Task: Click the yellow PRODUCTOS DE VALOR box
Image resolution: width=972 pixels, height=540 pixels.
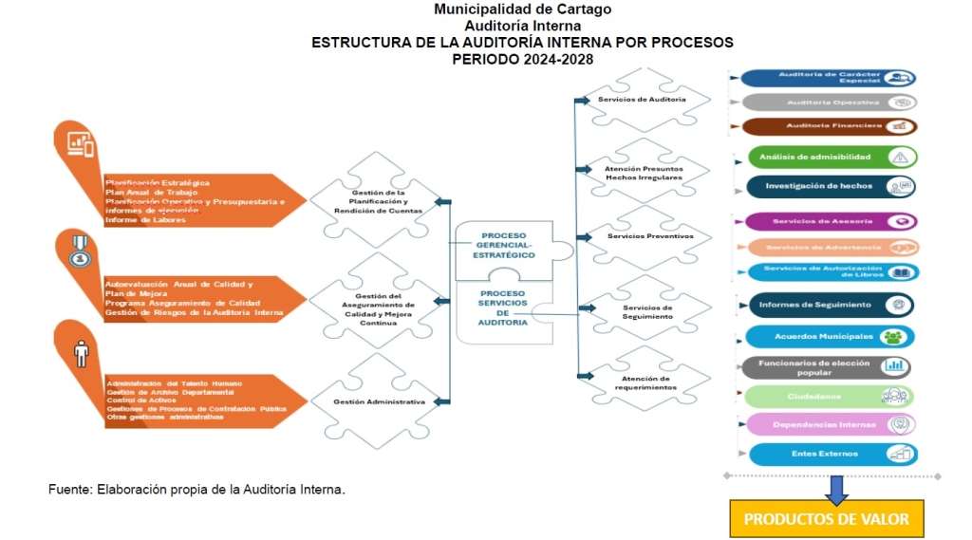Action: (x=826, y=519)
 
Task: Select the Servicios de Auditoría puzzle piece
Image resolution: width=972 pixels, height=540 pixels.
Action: (x=642, y=100)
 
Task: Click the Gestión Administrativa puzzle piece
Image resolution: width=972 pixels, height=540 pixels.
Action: (x=378, y=401)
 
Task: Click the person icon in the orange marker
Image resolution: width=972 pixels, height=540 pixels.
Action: (x=81, y=353)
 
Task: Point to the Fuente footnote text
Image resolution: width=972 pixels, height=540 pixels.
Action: (x=196, y=490)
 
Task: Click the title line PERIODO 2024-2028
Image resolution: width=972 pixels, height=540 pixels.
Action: (x=522, y=58)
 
